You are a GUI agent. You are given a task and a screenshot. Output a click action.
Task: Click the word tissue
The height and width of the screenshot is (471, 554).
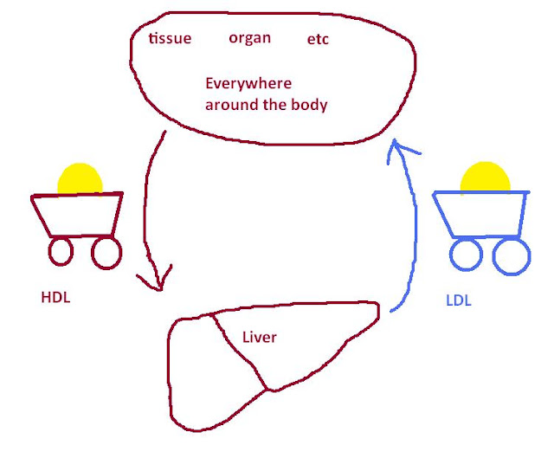(x=170, y=39)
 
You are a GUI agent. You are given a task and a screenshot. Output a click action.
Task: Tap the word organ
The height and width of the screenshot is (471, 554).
(x=249, y=38)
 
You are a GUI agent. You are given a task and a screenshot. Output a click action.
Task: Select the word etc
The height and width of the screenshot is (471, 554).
(x=318, y=40)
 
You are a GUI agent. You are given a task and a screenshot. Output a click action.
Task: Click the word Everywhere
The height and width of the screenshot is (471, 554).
(x=248, y=85)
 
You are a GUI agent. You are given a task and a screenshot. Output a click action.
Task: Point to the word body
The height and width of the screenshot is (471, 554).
(x=310, y=104)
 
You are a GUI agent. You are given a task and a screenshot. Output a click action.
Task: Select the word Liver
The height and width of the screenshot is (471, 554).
(x=260, y=337)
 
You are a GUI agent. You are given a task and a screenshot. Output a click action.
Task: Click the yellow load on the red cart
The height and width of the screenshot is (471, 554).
(x=79, y=180)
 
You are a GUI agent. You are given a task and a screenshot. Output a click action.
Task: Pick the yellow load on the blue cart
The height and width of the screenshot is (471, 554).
(x=484, y=177)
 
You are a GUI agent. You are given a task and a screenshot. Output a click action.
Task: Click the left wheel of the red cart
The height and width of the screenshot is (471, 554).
(x=61, y=252)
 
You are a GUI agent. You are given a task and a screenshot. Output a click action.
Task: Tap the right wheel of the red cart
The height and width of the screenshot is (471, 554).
(x=106, y=252)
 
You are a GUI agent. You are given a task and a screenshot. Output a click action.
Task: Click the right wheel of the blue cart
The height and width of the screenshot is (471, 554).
(x=511, y=256)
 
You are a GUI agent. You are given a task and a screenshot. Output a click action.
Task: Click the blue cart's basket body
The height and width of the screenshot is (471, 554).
(x=482, y=215)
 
